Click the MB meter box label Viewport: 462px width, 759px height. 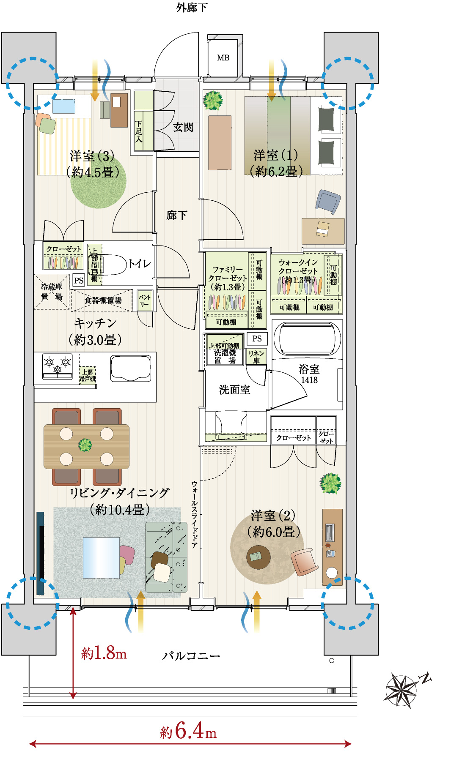(223, 58)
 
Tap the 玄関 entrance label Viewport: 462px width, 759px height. (183, 127)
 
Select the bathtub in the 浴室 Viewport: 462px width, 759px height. (307, 339)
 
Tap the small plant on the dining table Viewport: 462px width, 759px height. (85, 445)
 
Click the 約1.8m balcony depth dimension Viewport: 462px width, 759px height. (104, 653)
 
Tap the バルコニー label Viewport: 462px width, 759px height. (191, 656)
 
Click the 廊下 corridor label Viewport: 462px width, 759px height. (176, 216)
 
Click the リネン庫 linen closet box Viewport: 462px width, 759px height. (256, 357)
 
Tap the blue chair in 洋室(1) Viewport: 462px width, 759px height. (328, 202)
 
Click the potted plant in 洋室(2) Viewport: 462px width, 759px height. (330, 483)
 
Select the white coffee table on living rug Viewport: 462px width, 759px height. (101, 557)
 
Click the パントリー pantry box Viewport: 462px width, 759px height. (145, 300)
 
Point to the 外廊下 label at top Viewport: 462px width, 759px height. (192, 8)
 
